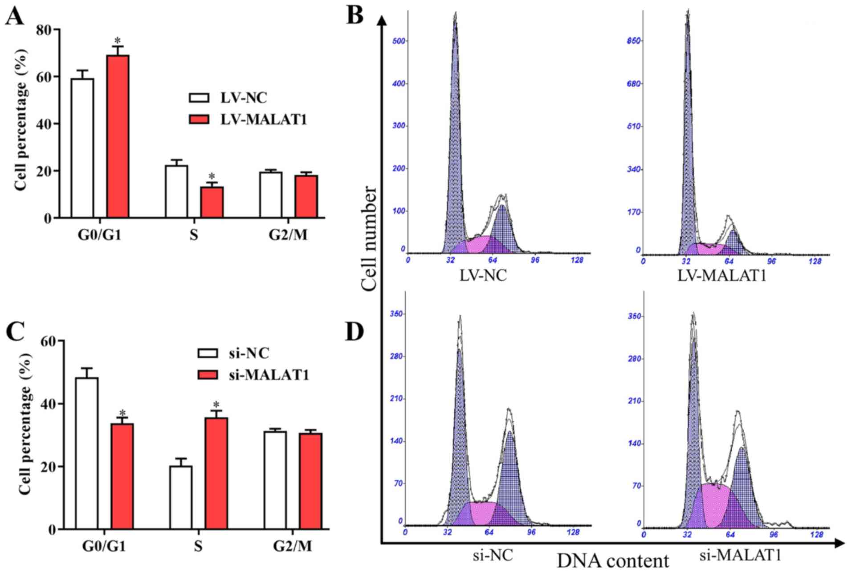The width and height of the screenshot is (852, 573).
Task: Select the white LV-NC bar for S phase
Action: click(x=176, y=191)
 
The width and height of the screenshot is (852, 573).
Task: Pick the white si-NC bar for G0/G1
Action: click(x=87, y=453)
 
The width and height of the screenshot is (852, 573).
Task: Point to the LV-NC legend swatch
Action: click(x=199, y=98)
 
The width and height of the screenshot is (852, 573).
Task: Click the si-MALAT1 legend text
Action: click(x=269, y=375)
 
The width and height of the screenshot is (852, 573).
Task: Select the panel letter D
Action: click(x=354, y=332)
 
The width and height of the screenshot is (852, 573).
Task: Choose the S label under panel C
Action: click(x=198, y=546)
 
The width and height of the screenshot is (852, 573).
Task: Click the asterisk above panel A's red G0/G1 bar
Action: click(x=118, y=41)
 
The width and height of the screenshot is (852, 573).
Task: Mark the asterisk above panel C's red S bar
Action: click(x=216, y=405)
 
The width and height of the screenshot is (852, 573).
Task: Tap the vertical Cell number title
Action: click(x=369, y=238)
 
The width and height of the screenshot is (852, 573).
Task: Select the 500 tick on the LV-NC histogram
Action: click(x=399, y=41)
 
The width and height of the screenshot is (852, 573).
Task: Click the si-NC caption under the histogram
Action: click(x=493, y=555)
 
